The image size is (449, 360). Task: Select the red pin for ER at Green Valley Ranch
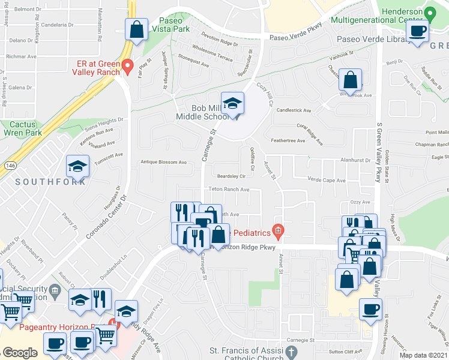tap(127, 65)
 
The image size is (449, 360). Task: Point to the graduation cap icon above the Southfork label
tap(77, 166)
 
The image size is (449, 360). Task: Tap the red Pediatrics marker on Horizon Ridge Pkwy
tap(277, 230)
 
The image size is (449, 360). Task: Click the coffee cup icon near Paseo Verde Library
tap(418, 31)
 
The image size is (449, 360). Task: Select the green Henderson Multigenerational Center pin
tap(429, 13)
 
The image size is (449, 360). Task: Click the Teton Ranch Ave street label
tap(229, 190)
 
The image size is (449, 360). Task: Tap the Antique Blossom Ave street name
tap(164, 162)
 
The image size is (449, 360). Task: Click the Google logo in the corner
tap(20, 353)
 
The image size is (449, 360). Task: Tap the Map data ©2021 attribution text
tap(423, 355)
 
